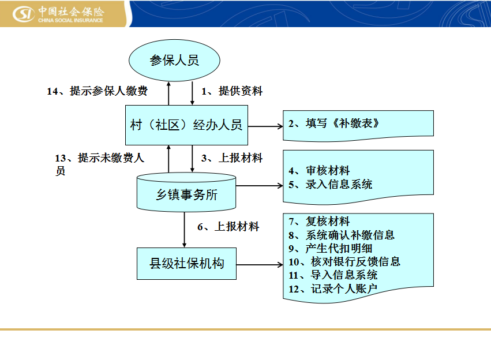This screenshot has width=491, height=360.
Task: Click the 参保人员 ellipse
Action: click(x=174, y=60)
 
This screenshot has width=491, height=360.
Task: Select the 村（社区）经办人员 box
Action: click(x=186, y=125)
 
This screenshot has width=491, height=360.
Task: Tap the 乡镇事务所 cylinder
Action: click(x=186, y=192)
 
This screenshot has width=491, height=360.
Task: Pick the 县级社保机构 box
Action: click(x=186, y=263)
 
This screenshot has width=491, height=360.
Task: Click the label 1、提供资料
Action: click(x=232, y=91)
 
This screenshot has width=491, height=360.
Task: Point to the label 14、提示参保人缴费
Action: click(x=97, y=91)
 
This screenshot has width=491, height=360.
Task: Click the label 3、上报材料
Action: click(x=232, y=157)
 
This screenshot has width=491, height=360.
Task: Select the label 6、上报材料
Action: click(x=228, y=226)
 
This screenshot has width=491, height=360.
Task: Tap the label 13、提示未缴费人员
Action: click(x=100, y=164)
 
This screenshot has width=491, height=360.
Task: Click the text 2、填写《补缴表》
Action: click(x=334, y=123)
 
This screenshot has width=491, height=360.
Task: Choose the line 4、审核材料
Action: click(x=319, y=171)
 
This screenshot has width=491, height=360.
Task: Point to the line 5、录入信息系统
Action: click(x=331, y=184)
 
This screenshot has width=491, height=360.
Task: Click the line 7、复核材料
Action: click(x=319, y=222)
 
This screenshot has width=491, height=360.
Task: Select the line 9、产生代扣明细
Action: click(x=331, y=248)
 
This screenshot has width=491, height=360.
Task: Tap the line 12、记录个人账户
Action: click(x=333, y=288)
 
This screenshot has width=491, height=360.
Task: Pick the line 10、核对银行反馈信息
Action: click(x=344, y=261)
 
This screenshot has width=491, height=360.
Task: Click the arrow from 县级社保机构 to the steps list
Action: click(x=260, y=265)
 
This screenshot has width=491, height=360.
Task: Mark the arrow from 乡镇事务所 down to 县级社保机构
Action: click(x=185, y=230)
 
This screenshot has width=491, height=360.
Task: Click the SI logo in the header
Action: click(x=24, y=14)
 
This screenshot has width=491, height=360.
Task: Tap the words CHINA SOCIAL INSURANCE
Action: click(x=70, y=20)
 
